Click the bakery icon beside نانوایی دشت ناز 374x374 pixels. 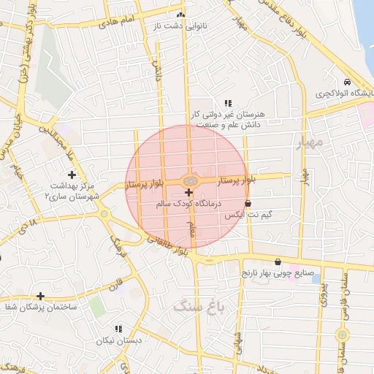(181, 15)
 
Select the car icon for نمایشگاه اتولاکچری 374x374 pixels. (347, 82)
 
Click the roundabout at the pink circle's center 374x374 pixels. (189, 180)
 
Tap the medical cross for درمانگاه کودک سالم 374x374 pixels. (189, 192)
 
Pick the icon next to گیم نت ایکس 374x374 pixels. (248, 204)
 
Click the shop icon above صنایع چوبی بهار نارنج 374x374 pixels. (278, 262)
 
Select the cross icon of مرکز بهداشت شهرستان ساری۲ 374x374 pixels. (72, 175)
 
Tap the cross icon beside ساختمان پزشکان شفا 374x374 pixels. (40, 296)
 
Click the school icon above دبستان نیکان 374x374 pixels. (118, 329)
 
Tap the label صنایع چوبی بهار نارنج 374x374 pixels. (278, 274)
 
